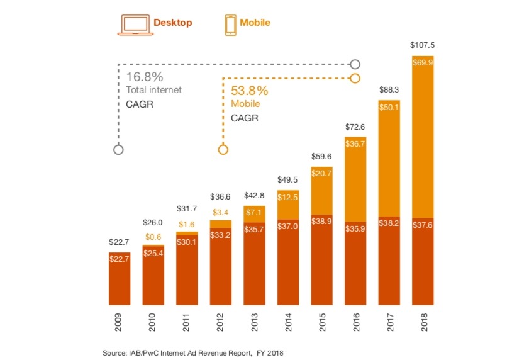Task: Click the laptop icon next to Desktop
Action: [x=133, y=23]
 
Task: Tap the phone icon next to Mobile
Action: [x=230, y=23]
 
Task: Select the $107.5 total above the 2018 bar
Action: [x=423, y=45]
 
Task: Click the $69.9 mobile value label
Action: [x=423, y=63]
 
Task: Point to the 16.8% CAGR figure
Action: [x=144, y=77]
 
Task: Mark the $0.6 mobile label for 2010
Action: [x=152, y=237]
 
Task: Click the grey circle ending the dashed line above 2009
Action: [x=118, y=150]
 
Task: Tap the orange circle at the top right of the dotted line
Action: [x=355, y=78]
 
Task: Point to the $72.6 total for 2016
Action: [x=355, y=127]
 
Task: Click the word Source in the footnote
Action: [x=114, y=352]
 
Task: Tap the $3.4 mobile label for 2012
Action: [x=220, y=211]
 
